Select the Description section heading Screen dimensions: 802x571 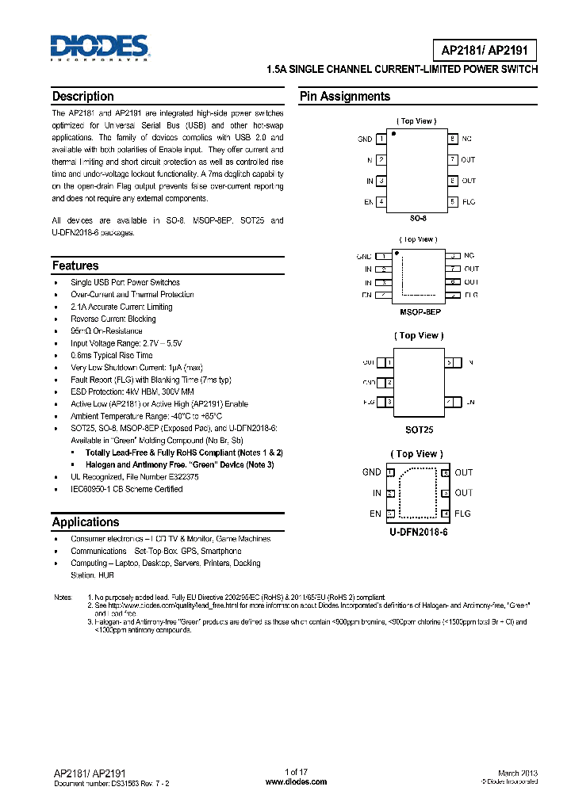(x=82, y=97)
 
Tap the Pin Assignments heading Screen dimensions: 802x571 (x=344, y=97)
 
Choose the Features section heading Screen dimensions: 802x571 (x=75, y=265)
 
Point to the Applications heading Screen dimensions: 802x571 (x=86, y=521)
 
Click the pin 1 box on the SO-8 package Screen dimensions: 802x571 (x=381, y=139)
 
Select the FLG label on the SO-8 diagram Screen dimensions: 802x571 (x=469, y=202)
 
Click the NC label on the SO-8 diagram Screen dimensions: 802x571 (x=466, y=139)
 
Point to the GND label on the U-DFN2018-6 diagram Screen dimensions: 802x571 (x=371, y=472)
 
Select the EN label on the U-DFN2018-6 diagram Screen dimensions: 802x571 (x=375, y=514)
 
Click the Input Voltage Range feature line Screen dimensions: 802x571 (x=126, y=343)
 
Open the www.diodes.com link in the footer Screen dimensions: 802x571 (x=295, y=781)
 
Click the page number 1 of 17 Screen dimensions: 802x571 (x=295, y=772)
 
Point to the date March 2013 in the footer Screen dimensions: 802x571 (x=518, y=773)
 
